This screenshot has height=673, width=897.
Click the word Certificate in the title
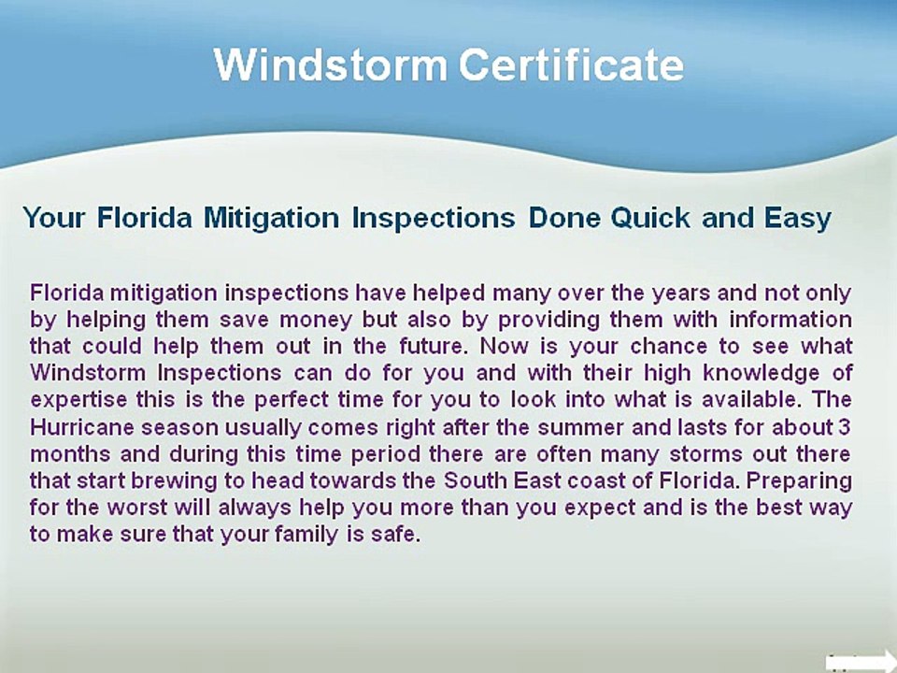click(x=571, y=64)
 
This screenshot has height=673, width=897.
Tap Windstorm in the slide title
click(x=330, y=64)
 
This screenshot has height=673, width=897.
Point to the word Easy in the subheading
click(x=797, y=219)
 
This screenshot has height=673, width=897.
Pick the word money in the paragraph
click(x=315, y=320)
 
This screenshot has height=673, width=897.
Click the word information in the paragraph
click(x=790, y=319)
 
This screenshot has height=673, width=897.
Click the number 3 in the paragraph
click(x=845, y=427)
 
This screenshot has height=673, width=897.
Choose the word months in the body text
click(x=70, y=454)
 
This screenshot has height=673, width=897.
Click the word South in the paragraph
click(x=476, y=480)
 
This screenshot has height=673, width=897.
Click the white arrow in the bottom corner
click(x=861, y=662)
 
